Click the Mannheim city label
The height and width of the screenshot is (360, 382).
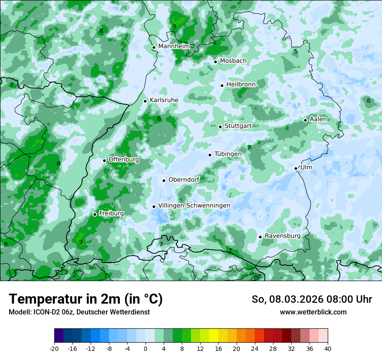[x=174, y=46]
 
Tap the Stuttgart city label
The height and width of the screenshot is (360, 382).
[x=238, y=126]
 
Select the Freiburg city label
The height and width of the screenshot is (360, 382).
[x=111, y=213]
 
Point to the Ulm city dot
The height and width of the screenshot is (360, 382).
[x=296, y=168]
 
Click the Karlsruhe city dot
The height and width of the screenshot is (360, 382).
[x=145, y=101]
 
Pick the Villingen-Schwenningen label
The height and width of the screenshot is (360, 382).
[x=194, y=206]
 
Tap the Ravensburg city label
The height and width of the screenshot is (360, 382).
[x=282, y=236]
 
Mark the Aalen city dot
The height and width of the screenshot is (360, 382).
[x=305, y=120]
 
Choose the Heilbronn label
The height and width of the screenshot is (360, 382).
[x=241, y=84]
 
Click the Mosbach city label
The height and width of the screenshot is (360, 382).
[x=233, y=61]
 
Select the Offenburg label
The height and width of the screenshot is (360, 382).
[x=124, y=160]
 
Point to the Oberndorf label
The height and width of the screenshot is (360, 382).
[x=184, y=180]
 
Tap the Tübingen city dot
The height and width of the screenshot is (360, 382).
[x=210, y=155]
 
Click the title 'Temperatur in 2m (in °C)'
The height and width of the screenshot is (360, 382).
[x=86, y=299]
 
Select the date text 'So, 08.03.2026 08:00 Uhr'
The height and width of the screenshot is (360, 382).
[x=312, y=299]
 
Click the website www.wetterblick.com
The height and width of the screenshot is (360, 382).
[x=313, y=312]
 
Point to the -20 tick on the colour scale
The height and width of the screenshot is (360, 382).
[x=54, y=349]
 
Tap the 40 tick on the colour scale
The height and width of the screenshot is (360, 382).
[x=328, y=349]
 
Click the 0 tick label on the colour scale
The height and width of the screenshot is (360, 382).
[x=145, y=349]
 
